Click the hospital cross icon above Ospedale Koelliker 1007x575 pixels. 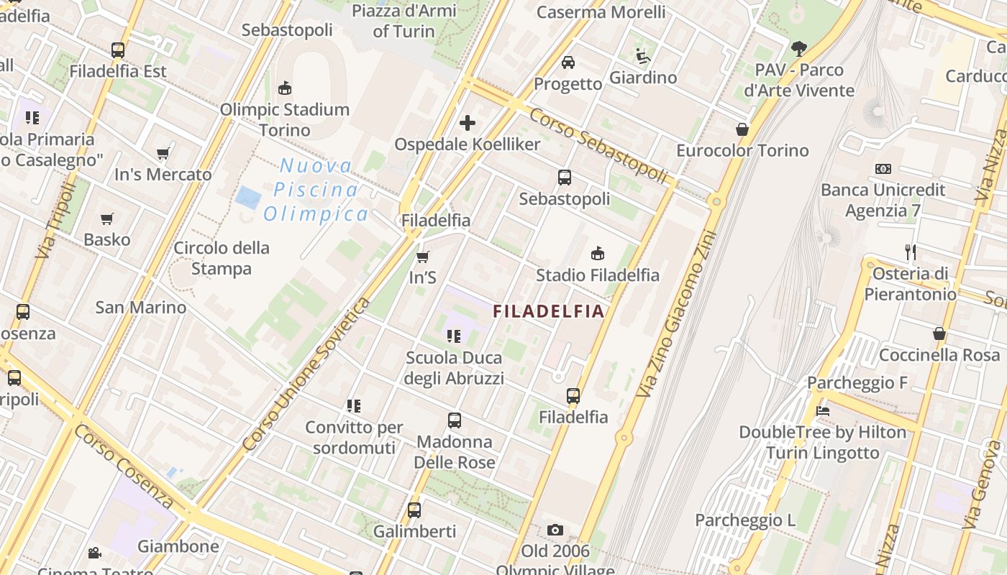468,123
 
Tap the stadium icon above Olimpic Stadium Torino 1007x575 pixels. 285,88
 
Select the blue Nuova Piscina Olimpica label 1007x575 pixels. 316,190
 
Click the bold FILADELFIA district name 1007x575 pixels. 548,311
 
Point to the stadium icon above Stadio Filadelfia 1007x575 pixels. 597,253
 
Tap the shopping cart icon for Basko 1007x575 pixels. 107,218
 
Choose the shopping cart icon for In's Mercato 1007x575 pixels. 163,153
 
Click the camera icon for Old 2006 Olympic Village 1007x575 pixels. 555,530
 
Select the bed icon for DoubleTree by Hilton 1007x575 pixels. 823,411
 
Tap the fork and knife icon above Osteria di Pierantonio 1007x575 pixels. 911,252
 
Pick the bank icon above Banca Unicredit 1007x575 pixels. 883,169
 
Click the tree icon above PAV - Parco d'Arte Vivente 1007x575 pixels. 798,49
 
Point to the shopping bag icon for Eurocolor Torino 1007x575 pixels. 742,129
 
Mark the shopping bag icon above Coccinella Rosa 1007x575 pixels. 939,333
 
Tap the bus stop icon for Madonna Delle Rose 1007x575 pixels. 455,420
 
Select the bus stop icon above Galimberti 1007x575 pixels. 414,510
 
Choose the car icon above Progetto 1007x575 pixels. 568,63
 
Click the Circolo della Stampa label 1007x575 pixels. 222,258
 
